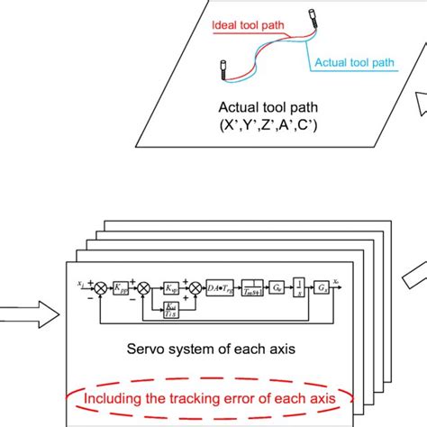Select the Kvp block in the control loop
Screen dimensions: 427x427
tap(168, 287)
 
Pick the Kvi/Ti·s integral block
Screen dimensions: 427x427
tap(169, 309)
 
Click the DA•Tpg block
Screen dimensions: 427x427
tap(222, 287)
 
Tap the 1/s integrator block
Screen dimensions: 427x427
tap(305, 287)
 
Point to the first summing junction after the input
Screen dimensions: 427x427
tap(103, 287)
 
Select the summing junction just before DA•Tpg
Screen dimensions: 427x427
tap(192, 287)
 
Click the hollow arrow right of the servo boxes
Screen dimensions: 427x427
tap(409, 269)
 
